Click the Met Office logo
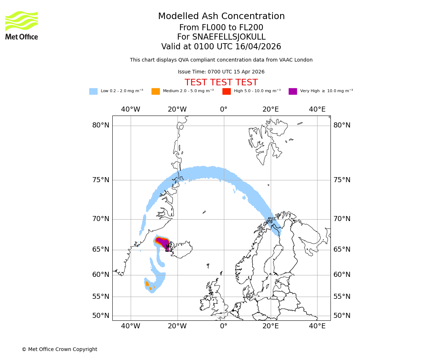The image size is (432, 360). click(x=22, y=25)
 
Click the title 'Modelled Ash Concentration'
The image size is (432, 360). click(x=221, y=17)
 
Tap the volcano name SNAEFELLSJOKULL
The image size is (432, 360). click(x=229, y=37)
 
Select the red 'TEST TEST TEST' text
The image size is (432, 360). click(x=221, y=82)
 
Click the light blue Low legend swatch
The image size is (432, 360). click(x=93, y=91)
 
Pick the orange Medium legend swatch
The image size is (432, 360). click(x=156, y=91)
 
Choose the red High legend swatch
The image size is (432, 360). click(x=226, y=91)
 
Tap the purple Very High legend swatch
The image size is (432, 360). click(x=293, y=91)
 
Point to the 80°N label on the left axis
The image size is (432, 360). click(x=101, y=125)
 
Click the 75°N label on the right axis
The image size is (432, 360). click(x=342, y=180)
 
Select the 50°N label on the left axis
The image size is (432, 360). click(x=101, y=316)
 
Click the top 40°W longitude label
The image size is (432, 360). click(x=131, y=109)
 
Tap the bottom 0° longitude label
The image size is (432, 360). click(x=224, y=326)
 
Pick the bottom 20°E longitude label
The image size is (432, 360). click(x=270, y=326)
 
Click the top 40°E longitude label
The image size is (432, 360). click(x=317, y=109)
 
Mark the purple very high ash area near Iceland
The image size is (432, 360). click(x=163, y=243)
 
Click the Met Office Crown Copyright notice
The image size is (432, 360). click(x=59, y=349)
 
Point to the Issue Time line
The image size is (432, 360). click(x=221, y=72)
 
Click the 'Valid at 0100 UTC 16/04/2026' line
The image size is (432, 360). click(x=221, y=47)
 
